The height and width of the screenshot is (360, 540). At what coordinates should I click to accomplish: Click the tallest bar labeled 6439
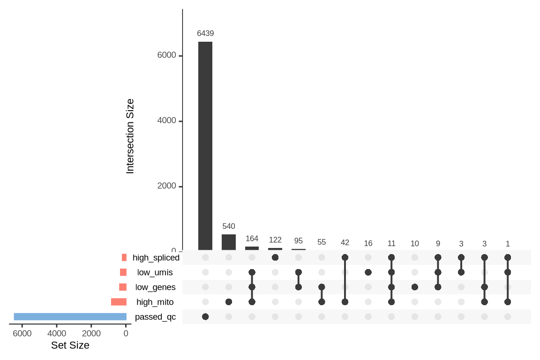click(x=205, y=146)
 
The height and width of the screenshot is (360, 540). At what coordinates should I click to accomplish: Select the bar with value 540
click(x=229, y=242)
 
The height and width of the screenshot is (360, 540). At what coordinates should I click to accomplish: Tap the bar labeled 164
click(x=252, y=248)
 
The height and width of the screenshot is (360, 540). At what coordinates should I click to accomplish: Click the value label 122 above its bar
click(x=275, y=240)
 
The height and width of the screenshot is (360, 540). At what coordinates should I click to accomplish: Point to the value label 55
click(x=322, y=242)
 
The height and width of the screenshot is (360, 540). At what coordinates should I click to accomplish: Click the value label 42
click(x=345, y=242)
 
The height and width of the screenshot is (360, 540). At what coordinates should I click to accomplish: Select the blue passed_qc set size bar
click(x=70, y=317)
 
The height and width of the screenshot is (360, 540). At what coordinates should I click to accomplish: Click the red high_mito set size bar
click(x=119, y=302)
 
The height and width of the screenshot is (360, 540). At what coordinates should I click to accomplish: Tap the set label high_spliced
click(x=156, y=257)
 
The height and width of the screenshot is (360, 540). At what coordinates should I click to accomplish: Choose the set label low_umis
click(x=155, y=272)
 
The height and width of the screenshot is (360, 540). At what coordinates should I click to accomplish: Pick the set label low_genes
click(x=155, y=287)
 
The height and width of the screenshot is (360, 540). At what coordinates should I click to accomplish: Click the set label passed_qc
click(x=155, y=317)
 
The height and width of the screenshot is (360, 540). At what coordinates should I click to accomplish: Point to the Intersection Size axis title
click(x=130, y=136)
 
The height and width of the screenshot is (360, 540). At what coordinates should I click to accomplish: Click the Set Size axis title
click(x=70, y=346)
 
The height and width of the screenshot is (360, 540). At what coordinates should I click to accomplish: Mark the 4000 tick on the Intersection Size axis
click(x=167, y=121)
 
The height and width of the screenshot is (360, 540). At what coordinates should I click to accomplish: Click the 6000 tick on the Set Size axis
click(x=22, y=334)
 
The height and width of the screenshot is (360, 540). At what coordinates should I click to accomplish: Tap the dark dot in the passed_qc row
click(x=205, y=317)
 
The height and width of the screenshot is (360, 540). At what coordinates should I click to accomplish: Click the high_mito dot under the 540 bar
click(x=229, y=302)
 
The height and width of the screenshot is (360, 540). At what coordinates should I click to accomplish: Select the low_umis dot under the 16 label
click(x=368, y=272)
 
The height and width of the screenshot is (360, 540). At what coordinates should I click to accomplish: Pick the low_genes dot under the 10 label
click(x=414, y=287)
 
